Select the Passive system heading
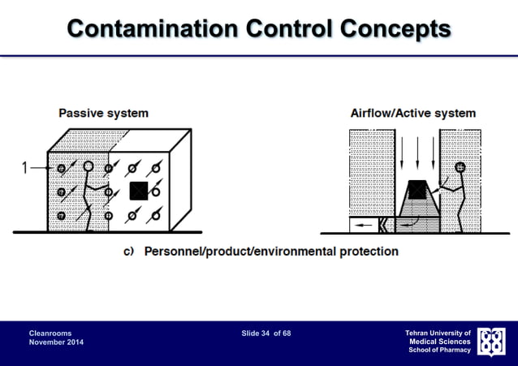pyautogui.click(x=103, y=113)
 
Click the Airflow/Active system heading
pyautogui.click(x=412, y=113)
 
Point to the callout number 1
pyautogui.click(x=26, y=169)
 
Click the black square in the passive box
pyautogui.click(x=139, y=192)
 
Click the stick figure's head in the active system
pyautogui.click(x=460, y=168)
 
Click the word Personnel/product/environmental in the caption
pyautogui.click(x=237, y=252)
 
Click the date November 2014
pyautogui.click(x=56, y=344)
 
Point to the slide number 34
pyautogui.click(x=265, y=334)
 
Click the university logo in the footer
pyautogui.click(x=493, y=342)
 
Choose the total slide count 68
pyautogui.click(x=286, y=334)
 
